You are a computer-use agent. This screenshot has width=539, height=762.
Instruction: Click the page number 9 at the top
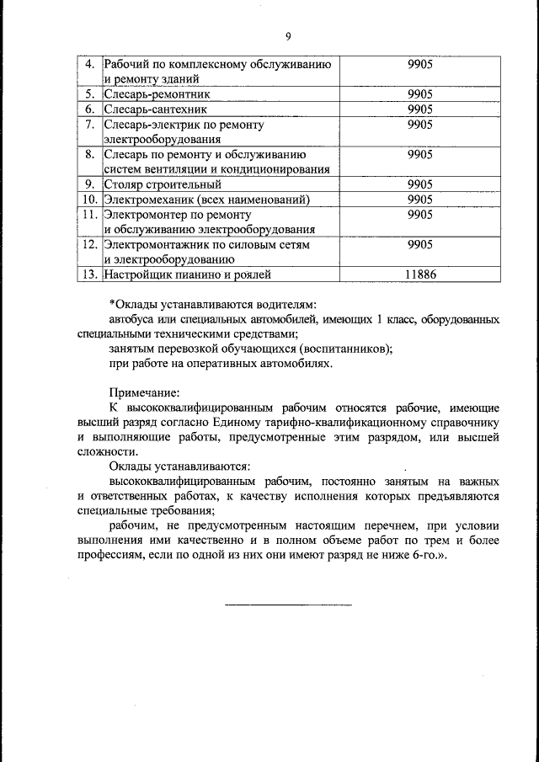click(287, 36)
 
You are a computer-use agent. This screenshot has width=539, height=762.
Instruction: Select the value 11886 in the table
click(419, 274)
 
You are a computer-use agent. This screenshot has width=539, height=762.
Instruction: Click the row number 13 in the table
click(88, 274)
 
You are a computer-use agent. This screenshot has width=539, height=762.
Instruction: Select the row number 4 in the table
click(92, 64)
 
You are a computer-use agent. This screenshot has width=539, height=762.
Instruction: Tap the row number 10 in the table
click(88, 200)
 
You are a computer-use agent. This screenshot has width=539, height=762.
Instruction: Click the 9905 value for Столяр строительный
click(419, 184)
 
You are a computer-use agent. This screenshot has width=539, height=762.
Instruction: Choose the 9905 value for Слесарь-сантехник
click(419, 109)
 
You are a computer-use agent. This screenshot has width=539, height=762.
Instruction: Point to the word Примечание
click(145, 392)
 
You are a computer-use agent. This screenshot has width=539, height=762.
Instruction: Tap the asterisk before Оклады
click(112, 303)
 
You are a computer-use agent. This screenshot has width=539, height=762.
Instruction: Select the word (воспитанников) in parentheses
click(347, 349)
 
